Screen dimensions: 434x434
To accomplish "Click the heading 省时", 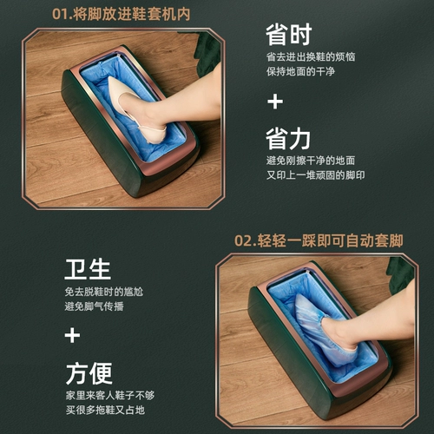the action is tap(288, 35).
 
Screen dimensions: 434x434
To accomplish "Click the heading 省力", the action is tap(288, 139).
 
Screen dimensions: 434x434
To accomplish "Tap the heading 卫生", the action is tap(88, 269).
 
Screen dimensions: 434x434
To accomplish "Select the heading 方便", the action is tap(89, 373).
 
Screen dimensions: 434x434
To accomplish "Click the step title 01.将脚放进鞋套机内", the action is tap(121, 14).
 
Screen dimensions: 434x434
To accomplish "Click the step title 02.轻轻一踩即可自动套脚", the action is tap(319, 240).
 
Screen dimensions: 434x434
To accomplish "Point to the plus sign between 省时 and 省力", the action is tap(275, 102).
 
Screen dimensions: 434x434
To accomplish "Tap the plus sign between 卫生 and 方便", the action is tap(72, 335).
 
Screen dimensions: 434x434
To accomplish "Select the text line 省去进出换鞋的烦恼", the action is tap(311, 56).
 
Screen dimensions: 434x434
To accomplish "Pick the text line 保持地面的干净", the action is tap(300, 71).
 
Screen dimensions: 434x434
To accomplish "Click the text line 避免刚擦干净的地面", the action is tap(311, 161).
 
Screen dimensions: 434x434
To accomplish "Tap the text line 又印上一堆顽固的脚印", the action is tap(316, 174).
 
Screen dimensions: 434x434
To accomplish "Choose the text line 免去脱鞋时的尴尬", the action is tap(104, 292).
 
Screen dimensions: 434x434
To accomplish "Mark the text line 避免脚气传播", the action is tap(95, 306).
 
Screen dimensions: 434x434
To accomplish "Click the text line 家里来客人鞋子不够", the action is tap(110, 395).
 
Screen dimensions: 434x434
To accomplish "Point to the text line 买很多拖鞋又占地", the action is tap(105, 410).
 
